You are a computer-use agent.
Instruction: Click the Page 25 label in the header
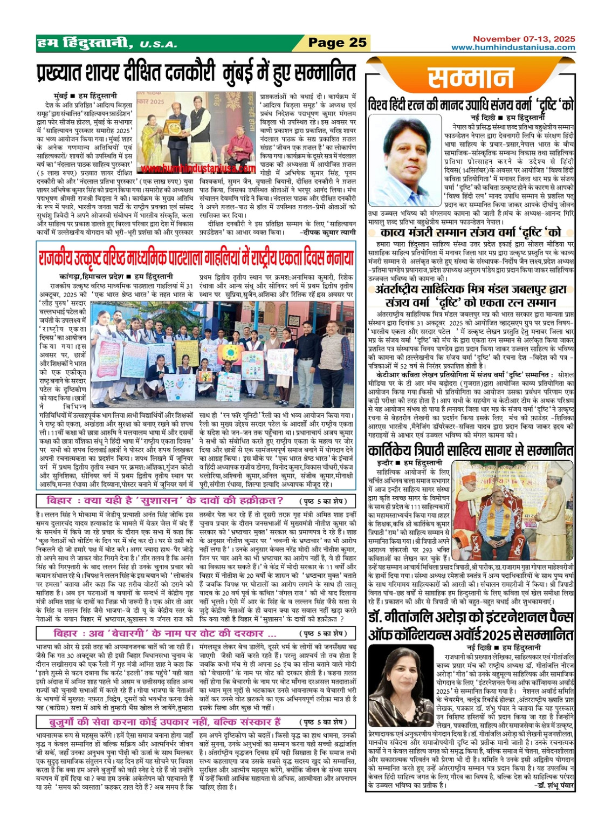[x=338, y=43]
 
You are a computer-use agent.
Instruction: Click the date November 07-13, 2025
[x=524, y=39]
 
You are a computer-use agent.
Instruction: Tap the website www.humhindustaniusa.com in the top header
[x=513, y=47]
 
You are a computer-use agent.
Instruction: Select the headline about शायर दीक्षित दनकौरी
[x=196, y=71]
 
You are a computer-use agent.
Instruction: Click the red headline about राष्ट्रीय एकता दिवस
[x=196, y=257]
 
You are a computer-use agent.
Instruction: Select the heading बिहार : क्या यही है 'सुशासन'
[x=164, y=500]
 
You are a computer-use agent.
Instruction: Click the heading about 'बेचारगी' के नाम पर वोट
[x=164, y=633]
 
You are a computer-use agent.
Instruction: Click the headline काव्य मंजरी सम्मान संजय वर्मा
[x=471, y=233]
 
